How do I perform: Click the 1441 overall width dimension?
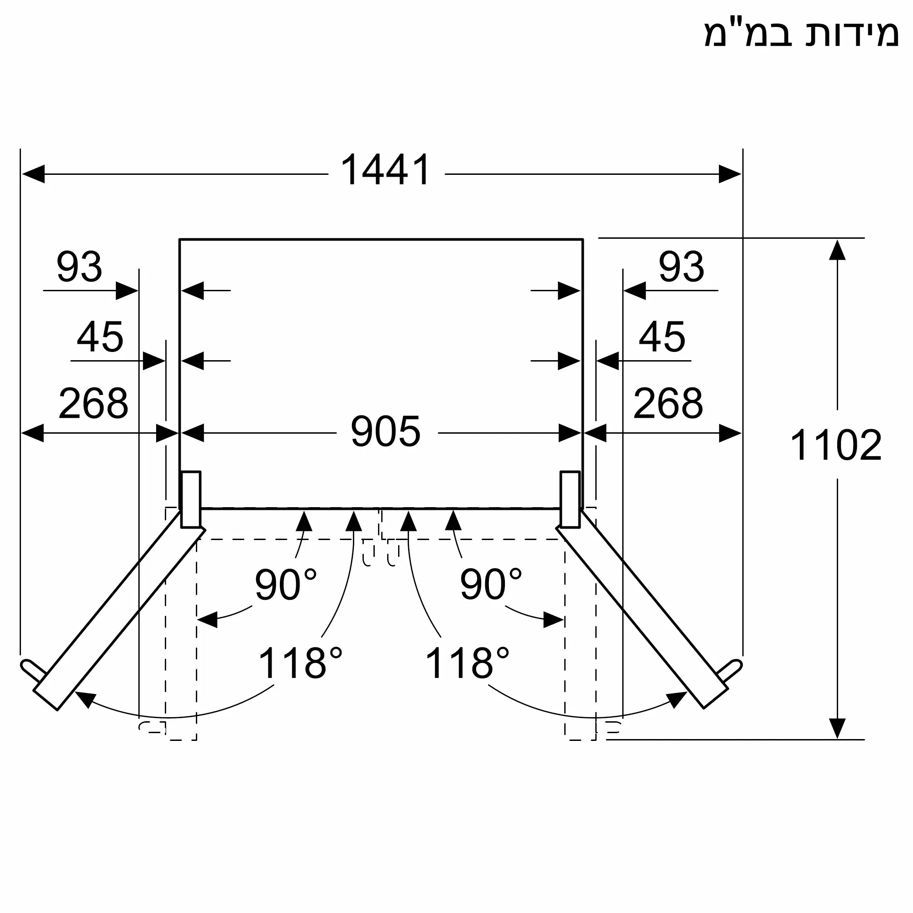[x=385, y=170]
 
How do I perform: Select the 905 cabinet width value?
[x=386, y=431]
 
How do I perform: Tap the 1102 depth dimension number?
[x=835, y=445]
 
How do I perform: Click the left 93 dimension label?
[x=79, y=267]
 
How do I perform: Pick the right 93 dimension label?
[x=682, y=267]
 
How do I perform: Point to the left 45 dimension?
[x=100, y=337]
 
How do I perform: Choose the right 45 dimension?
[x=662, y=337]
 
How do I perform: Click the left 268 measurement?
[x=93, y=403]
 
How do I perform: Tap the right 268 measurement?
[x=668, y=403]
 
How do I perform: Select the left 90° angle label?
[x=285, y=584]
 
